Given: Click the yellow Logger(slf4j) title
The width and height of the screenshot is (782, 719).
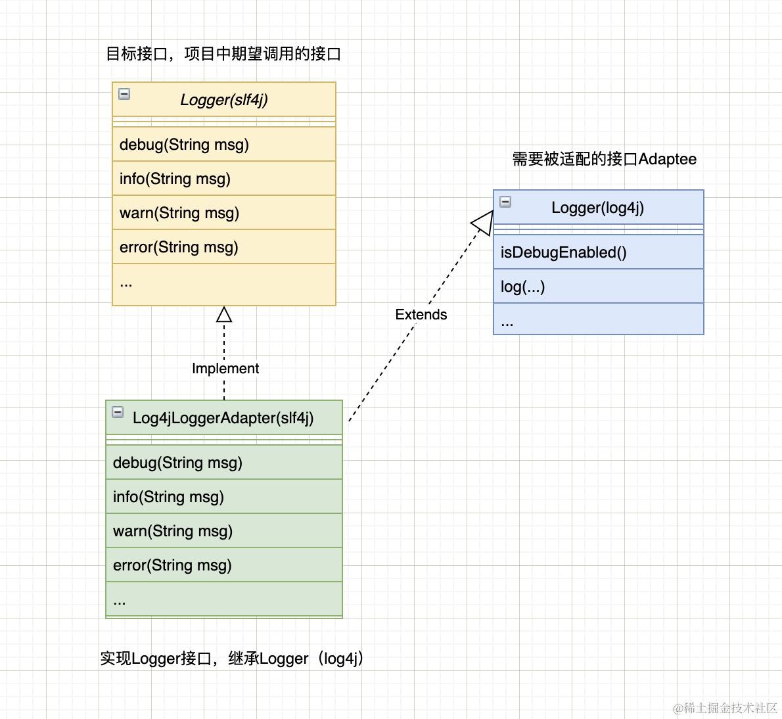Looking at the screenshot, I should [x=223, y=100].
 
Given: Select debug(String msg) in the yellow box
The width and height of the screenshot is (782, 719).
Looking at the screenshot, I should [x=184, y=145].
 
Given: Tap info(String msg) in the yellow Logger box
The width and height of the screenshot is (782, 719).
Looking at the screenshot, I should [x=175, y=179].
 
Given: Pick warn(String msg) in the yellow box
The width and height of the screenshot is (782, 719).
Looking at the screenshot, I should [x=179, y=213].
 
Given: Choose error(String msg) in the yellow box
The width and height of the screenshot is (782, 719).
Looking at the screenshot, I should [x=179, y=247].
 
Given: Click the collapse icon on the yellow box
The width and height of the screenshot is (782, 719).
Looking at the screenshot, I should [x=124, y=94].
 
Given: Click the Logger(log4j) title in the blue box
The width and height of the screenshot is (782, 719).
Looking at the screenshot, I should [x=597, y=208].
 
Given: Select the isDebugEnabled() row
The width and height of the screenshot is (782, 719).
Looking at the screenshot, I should [x=564, y=252].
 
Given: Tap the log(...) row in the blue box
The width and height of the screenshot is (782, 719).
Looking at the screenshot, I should [x=523, y=287].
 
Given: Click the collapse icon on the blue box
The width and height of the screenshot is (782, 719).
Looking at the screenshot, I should [x=505, y=202].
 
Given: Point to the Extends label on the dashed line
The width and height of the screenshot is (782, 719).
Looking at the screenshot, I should [x=421, y=315].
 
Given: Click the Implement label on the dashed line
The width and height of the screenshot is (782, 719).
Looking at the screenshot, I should [x=225, y=369].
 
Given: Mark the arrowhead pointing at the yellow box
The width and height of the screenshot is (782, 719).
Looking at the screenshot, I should [x=224, y=315].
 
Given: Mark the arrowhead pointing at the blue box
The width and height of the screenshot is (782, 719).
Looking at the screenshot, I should [x=483, y=222].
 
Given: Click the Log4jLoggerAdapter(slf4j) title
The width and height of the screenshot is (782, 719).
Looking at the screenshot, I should [x=223, y=418].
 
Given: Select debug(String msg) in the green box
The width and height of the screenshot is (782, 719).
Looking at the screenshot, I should [x=177, y=463].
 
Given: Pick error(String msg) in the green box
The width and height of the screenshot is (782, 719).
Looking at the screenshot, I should [x=172, y=565].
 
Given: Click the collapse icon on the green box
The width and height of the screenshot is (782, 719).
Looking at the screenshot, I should [x=118, y=412].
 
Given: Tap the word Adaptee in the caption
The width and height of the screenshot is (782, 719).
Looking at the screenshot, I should [x=667, y=159].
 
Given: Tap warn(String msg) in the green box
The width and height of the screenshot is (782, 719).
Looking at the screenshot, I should [x=173, y=531].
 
